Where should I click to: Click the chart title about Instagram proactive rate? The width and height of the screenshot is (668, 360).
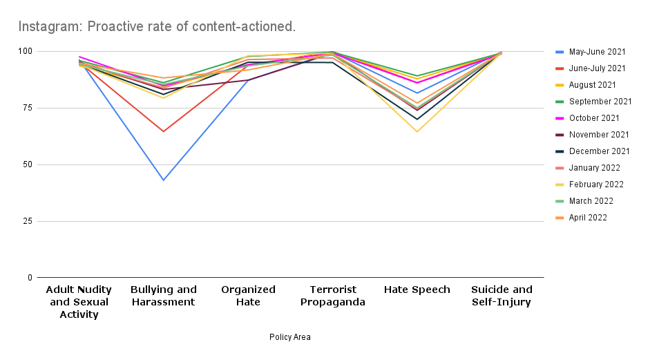click(157, 27)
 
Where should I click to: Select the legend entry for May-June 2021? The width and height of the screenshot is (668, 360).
click(597, 52)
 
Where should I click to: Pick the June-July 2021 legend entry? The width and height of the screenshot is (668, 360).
click(598, 68)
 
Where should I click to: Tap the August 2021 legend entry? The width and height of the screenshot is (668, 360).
click(593, 85)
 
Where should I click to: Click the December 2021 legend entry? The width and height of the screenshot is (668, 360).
click(598, 151)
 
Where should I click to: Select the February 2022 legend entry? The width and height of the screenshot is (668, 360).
click(597, 184)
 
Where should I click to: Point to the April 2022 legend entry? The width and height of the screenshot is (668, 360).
click(587, 218)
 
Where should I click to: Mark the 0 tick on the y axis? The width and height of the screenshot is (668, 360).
click(30, 278)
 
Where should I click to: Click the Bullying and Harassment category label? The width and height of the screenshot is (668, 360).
click(163, 296)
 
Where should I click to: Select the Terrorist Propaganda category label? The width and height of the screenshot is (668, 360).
click(332, 296)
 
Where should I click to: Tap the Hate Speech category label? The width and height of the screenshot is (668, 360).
click(417, 290)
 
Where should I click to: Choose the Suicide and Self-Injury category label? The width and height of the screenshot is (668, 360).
click(502, 296)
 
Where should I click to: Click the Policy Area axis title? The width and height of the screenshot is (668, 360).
click(290, 337)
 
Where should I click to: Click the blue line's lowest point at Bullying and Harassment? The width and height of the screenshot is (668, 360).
click(163, 180)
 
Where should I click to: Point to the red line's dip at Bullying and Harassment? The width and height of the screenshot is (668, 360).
click(163, 131)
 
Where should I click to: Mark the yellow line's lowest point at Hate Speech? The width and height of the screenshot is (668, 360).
click(417, 131)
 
